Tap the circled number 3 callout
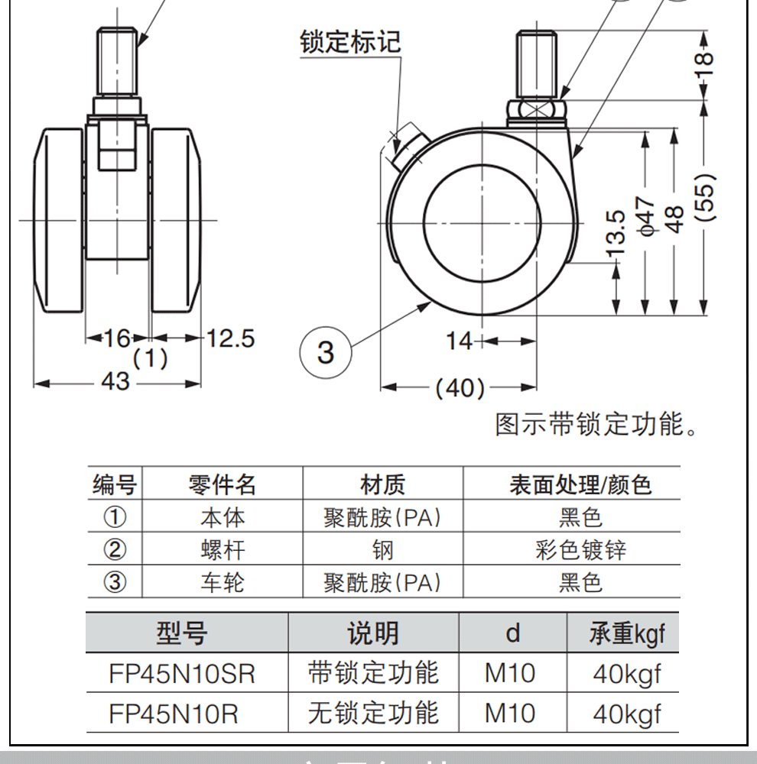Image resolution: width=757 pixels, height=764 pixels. (327, 352)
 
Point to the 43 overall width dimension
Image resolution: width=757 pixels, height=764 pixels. (115, 382)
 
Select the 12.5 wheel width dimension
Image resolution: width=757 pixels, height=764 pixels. (231, 338)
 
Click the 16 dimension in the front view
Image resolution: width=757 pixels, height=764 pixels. (117, 338)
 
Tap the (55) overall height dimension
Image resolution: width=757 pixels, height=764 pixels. (705, 198)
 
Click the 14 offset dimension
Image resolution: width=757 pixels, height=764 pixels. (460, 341)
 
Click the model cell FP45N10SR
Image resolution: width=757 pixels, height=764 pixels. (182, 674)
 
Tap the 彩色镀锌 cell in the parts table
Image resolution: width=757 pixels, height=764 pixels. (580, 550)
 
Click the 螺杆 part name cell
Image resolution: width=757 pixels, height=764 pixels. (223, 550)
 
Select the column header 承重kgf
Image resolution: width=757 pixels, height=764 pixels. (627, 633)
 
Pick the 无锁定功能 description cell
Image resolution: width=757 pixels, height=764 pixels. (373, 714)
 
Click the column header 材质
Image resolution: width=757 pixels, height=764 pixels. (382, 484)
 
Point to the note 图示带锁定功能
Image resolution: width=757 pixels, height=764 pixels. (596, 425)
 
